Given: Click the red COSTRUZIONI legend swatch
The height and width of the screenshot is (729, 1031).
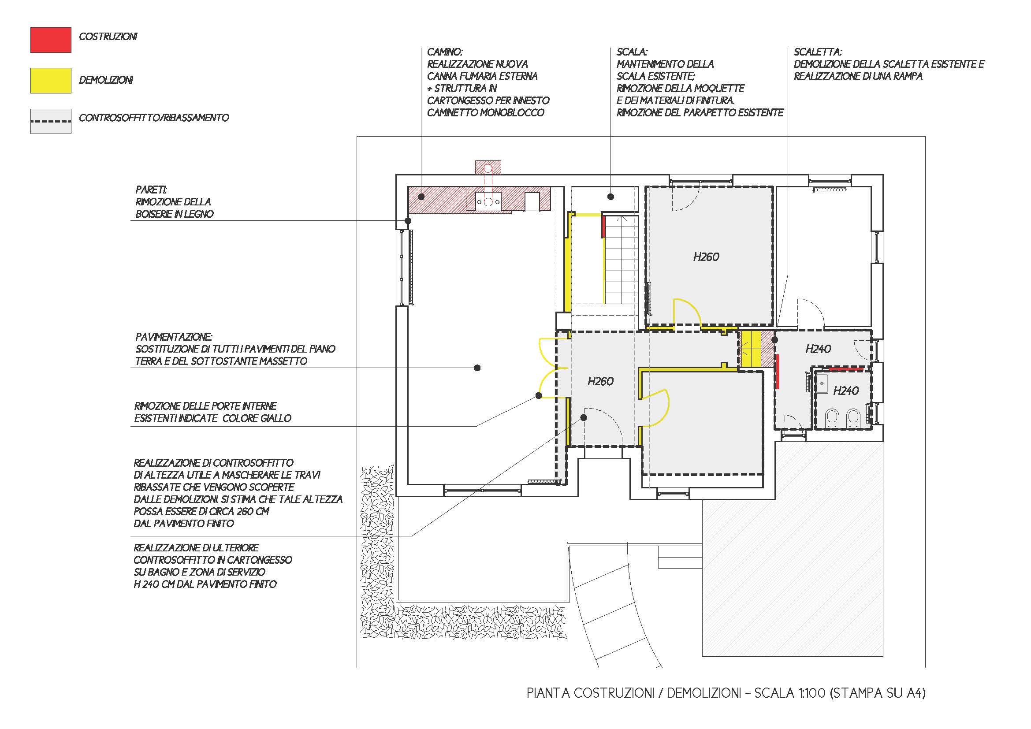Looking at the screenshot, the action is (51, 40).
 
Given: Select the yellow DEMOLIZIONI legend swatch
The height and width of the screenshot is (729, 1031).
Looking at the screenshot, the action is (51, 81).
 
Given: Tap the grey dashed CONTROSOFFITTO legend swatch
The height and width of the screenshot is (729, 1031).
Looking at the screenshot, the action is (51, 121).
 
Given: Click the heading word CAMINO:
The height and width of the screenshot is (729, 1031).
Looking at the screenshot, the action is (445, 52).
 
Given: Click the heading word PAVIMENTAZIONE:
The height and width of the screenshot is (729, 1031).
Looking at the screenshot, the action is (174, 337).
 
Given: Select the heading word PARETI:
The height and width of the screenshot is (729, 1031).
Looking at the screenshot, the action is (151, 190).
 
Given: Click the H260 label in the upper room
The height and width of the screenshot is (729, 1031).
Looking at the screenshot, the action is (706, 257).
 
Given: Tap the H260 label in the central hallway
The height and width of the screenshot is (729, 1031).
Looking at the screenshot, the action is (600, 382).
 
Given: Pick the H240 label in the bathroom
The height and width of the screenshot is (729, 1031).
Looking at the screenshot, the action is (846, 391).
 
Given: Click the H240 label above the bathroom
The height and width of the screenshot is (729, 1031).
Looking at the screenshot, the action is (818, 349).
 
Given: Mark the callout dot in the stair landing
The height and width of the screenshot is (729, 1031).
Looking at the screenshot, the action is (610, 196).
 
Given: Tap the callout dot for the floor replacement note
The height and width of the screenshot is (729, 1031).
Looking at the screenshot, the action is (477, 368).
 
